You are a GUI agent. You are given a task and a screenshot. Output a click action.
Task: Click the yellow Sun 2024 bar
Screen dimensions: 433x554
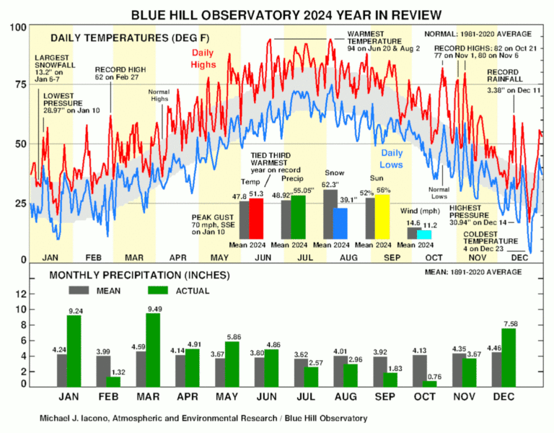point(382,216)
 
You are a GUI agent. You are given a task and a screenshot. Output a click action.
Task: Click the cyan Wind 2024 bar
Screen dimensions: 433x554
point(423,235)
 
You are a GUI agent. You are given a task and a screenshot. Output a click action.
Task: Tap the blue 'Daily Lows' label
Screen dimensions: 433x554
point(392,159)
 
